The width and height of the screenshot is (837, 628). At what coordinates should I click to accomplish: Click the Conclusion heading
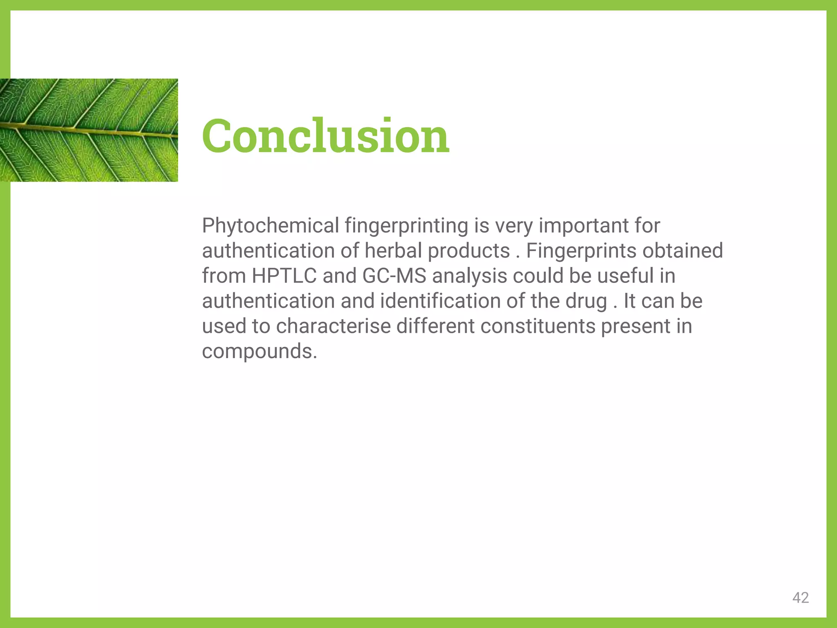[x=326, y=136]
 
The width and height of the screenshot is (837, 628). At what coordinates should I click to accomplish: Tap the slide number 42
[x=800, y=598]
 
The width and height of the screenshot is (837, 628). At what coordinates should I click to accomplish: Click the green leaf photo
[x=89, y=130]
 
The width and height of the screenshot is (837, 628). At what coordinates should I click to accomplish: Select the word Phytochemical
[x=271, y=226]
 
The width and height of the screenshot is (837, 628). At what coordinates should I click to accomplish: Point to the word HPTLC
[x=284, y=276]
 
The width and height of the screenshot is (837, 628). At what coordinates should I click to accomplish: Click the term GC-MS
[x=394, y=276]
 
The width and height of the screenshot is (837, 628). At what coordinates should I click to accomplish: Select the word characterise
[x=333, y=327]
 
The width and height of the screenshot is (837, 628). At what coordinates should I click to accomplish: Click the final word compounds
[x=259, y=352]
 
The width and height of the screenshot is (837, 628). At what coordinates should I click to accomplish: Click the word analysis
[x=470, y=276]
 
